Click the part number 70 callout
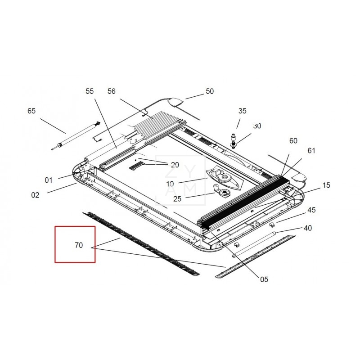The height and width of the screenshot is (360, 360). pyautogui.click(x=79, y=245)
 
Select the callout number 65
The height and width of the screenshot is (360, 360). pyautogui.click(x=31, y=111)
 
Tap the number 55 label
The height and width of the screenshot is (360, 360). pyautogui.click(x=90, y=91)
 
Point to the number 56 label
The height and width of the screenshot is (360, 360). pyautogui.click(x=111, y=91)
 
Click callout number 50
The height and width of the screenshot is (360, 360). pyautogui.click(x=210, y=91)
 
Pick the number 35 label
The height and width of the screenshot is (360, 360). pyautogui.click(x=242, y=111)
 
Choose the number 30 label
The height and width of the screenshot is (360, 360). pyautogui.click(x=257, y=126)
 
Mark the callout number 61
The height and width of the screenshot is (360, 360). pyautogui.click(x=311, y=151)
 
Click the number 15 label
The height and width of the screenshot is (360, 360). pyautogui.click(x=326, y=185)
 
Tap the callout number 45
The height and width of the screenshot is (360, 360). pyautogui.click(x=311, y=210)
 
